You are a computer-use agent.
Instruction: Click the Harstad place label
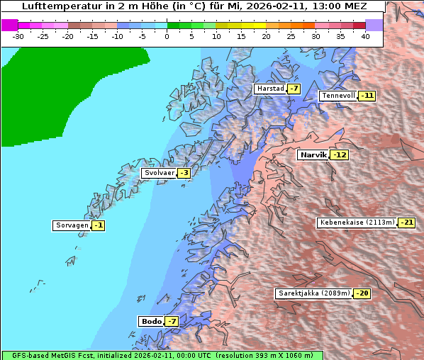[270, 89]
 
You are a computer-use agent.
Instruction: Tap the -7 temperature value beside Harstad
[294, 89]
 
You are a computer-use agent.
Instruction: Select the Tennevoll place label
[338, 96]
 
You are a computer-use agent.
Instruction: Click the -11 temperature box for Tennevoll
[367, 96]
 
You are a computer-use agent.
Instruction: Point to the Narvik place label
[313, 154]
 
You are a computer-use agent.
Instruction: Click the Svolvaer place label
[159, 173]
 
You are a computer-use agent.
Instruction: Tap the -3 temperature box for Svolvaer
[184, 173]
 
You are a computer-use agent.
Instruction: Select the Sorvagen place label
[72, 225]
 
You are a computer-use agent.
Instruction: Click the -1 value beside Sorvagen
[99, 225]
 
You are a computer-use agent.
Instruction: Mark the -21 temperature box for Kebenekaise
[406, 223]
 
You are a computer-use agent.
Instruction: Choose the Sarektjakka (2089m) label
[313, 293]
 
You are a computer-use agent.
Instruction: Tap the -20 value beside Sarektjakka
[362, 293]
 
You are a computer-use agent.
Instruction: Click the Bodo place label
[151, 321]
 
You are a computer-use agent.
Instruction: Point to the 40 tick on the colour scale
[365, 35]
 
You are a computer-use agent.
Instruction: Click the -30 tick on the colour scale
[18, 35]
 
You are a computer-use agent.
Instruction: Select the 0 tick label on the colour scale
[167, 35]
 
